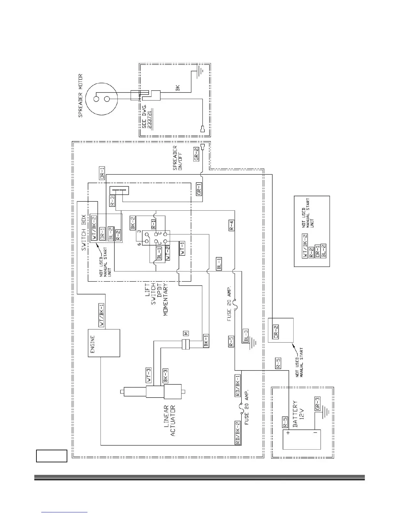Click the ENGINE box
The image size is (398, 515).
click(104, 343)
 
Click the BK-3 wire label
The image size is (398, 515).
click(166, 376)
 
